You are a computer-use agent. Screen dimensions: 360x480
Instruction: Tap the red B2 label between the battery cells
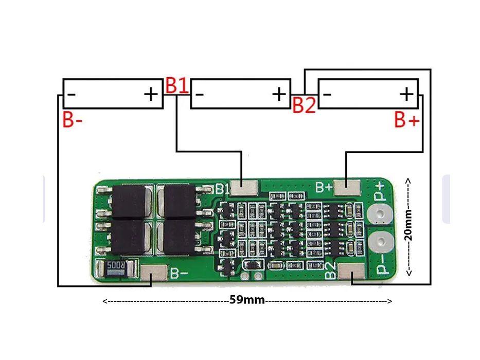pos(304,105)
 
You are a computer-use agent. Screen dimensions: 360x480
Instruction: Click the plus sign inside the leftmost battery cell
pos(150,94)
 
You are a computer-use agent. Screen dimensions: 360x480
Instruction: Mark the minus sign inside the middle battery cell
pos(200,94)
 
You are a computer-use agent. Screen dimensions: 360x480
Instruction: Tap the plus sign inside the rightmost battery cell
pos(406,94)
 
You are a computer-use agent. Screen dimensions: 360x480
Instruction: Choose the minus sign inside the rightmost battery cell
pos(327,94)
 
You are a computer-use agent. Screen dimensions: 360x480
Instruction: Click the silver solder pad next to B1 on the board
pos(244,188)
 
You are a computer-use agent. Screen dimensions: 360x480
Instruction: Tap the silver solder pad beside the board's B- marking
pos(154,273)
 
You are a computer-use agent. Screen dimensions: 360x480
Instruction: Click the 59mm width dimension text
pos(247,300)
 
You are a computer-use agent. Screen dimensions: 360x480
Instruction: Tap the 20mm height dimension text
pos(408,226)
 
